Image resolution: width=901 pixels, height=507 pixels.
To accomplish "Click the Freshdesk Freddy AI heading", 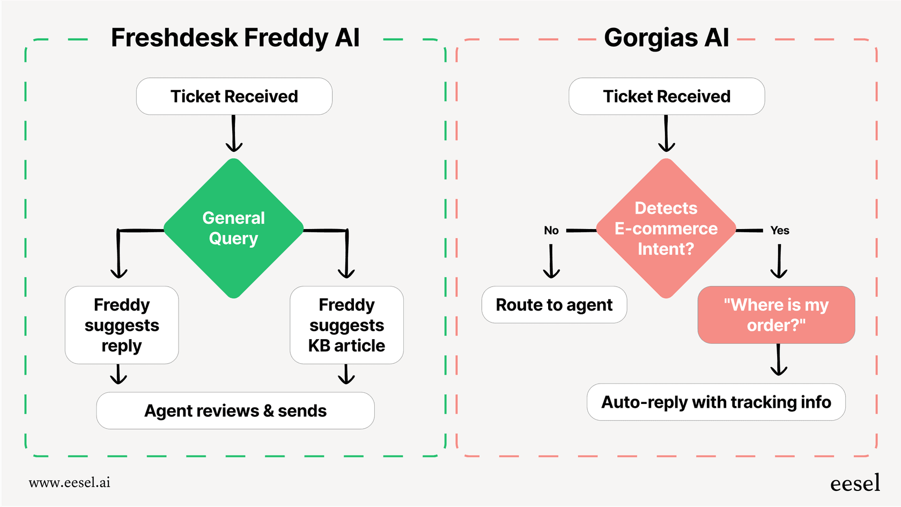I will pos(235,38).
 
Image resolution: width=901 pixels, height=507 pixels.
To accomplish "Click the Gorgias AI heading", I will pos(666,38).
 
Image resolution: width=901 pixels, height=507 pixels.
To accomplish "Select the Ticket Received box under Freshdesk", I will pos(234,97).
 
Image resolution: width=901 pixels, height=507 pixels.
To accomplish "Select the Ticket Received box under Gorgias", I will pos(667,97).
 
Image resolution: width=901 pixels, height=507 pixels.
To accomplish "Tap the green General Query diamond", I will pos(234,229).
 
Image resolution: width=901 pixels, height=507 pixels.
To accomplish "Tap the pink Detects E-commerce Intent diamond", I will pos(666,229).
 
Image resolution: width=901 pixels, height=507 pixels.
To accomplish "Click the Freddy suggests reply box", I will pos(122,325).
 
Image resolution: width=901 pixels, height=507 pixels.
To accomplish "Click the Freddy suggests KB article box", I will pos(346,325).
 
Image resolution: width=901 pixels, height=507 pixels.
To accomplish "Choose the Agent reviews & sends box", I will pos(235,411).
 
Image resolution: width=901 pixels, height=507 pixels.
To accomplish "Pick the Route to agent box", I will pos(554,305).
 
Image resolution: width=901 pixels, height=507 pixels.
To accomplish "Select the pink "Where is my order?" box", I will pos(776,315).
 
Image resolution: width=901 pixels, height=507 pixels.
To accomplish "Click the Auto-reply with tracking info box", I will pos(716,402).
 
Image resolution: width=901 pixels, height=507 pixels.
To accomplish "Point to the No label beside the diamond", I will pos(551,231).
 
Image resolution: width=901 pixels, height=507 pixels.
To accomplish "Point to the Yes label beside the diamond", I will pos(780,231).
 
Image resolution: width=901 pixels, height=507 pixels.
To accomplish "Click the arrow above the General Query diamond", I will pos(234,134).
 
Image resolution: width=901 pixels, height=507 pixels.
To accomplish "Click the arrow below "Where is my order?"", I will pos(779,360).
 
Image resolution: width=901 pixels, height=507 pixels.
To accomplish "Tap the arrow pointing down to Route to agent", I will pos(551,262).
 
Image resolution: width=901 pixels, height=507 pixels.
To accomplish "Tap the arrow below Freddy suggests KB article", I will pos(346,374).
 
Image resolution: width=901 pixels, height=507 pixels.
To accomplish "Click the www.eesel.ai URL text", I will pos(70,482).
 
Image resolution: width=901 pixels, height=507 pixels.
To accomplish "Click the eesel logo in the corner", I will pos(855,483).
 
